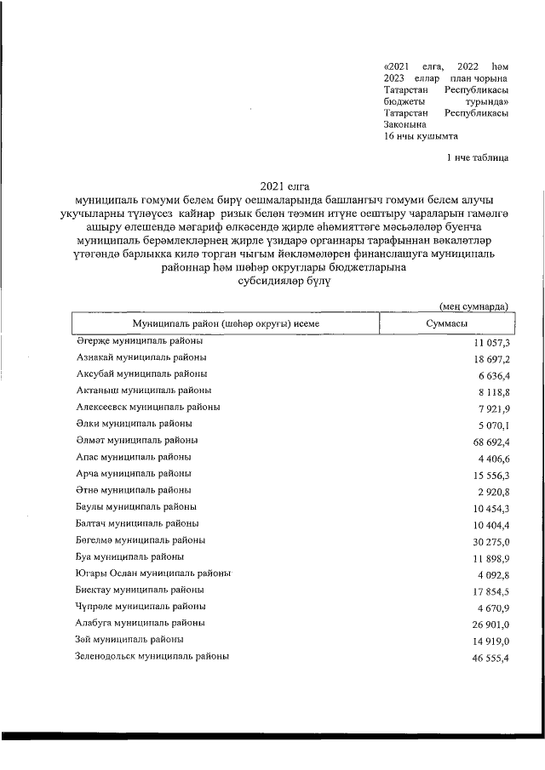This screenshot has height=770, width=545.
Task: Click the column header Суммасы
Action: click(445, 325)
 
